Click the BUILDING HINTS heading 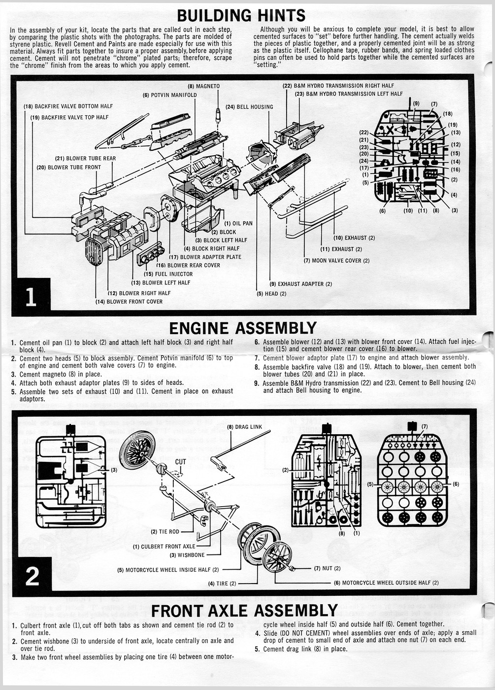pos(241,15)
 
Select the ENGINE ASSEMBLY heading pos(243,328)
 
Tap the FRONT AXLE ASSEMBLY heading pos(244,611)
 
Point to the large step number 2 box pos(32,576)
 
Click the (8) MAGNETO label pos(204,86)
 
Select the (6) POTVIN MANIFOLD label pos(169,95)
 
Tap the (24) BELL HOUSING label pos(249,107)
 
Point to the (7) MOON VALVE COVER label pos(336,261)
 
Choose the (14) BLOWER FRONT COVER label pos(129,302)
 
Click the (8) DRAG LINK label pos(244,427)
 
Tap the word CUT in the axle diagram pos(181,462)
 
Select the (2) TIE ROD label pos(165,532)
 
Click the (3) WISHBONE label pos(187,555)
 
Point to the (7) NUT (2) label pos(327,568)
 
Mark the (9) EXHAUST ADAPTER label pos(300,284)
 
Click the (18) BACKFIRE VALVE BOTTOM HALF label pos(68,106)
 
